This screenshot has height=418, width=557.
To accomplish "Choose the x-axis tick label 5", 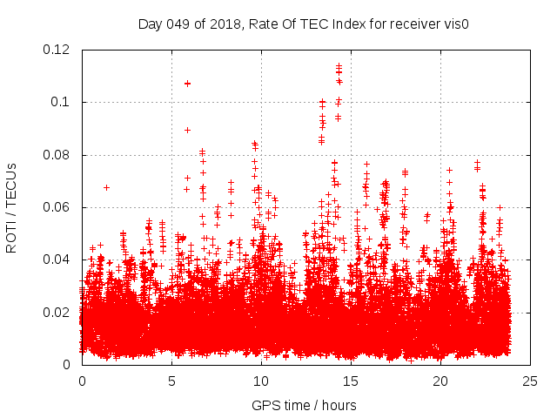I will (x=171, y=381).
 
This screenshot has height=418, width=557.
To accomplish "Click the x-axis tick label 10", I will (x=261, y=381).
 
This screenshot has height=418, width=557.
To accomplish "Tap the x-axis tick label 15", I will (x=351, y=381).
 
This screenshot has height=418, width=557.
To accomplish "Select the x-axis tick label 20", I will (x=440, y=381).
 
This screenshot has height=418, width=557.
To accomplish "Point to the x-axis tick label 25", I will (x=530, y=381).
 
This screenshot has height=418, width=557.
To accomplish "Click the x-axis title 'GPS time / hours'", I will (x=304, y=405).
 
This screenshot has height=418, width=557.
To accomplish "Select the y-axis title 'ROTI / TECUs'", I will (x=12, y=207).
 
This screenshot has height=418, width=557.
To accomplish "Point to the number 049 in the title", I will (x=178, y=24).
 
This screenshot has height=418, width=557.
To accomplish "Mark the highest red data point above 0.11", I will (x=339, y=65).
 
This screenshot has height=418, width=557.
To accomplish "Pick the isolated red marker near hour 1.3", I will (x=106, y=187).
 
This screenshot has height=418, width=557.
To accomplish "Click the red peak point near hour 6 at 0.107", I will (x=187, y=84).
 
